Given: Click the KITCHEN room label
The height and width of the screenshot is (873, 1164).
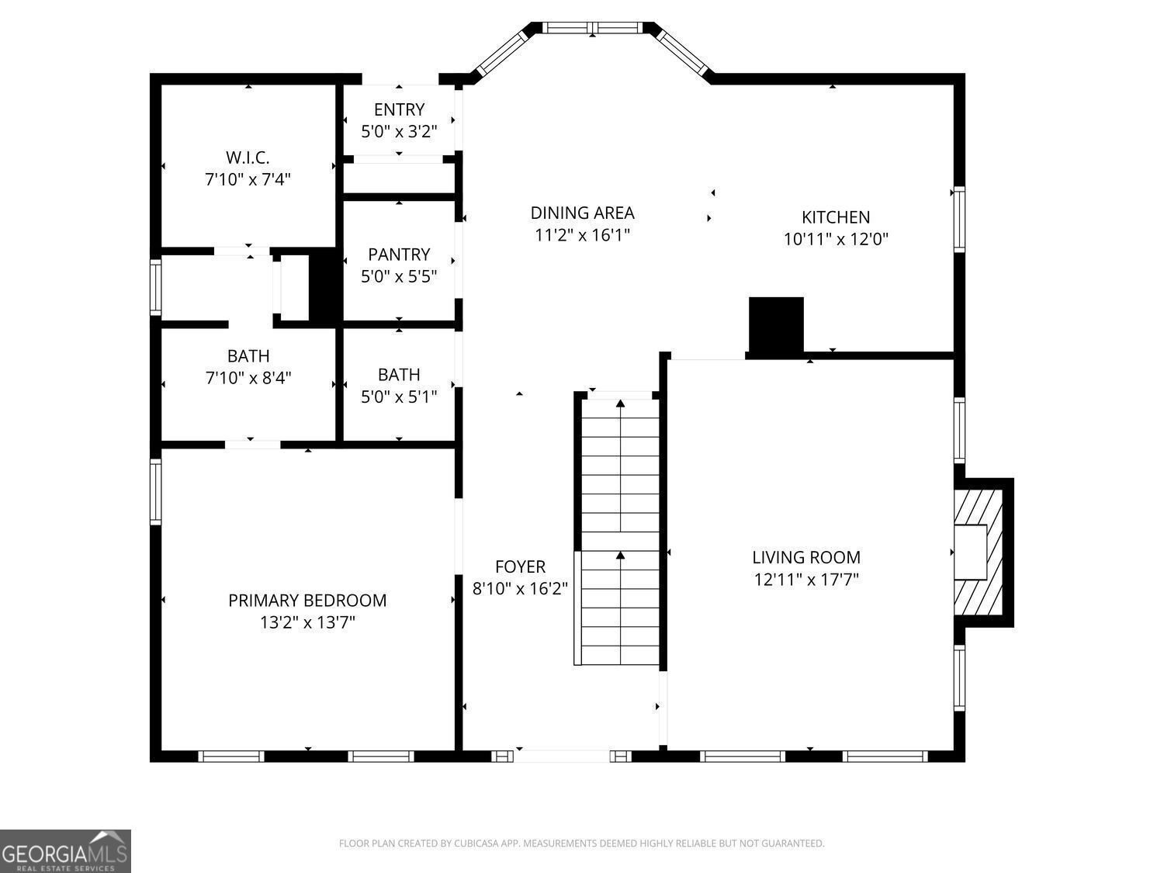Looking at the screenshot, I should coord(835,217).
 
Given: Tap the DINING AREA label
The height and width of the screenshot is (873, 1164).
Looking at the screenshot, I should coord(582,213).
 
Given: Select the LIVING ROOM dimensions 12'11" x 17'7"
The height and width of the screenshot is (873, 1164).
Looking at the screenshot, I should coord(806,579).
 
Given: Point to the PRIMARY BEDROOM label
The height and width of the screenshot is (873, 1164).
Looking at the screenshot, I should coord(307,600).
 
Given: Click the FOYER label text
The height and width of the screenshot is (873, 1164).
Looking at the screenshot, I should coord(520,566).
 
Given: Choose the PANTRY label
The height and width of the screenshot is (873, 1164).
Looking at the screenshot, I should coord(399,255).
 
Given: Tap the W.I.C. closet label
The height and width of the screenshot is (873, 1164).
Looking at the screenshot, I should coord(248,158).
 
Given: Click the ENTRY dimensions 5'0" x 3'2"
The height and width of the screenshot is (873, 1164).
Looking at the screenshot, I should coord(399,131).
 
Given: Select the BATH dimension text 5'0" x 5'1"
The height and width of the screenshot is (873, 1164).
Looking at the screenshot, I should coord(399,397).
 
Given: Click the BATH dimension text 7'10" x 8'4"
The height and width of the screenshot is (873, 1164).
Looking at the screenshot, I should coord(248,378).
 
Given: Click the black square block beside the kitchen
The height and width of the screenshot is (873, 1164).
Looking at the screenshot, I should coord(775,325).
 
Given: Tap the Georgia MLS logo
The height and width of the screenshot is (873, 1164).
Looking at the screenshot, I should coord(65,851).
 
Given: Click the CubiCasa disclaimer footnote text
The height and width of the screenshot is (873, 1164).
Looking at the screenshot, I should coord(581,844).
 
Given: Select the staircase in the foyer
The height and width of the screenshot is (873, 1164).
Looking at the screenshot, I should coord(620,532).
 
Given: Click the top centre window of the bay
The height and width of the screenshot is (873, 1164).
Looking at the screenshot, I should coord(593,28).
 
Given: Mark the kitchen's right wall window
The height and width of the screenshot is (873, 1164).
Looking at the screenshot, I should coord(959,220).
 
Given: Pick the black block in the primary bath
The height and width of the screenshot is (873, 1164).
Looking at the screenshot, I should coord(322,285).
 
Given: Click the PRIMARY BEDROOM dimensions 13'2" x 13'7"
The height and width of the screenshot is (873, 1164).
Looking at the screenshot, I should coord(307,622).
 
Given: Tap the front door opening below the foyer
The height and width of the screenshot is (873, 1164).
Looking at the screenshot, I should coord(563,755).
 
